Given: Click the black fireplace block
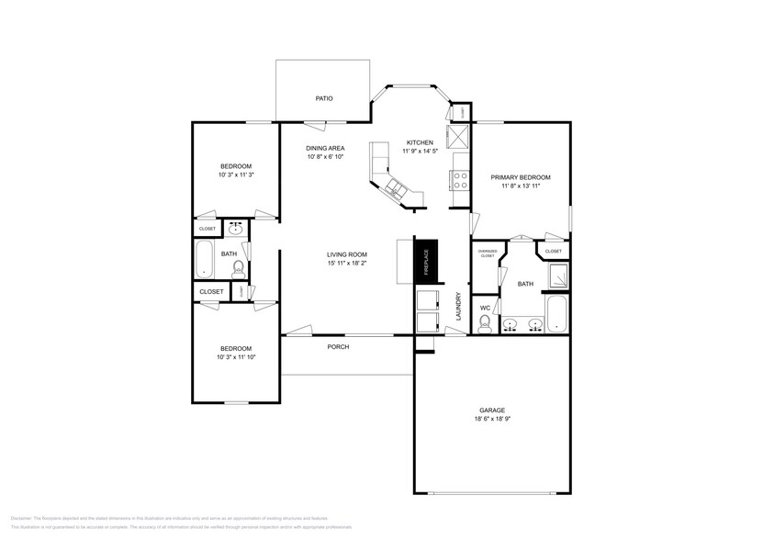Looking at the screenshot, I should point(427,258).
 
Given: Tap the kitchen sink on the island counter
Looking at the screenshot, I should point(396,188).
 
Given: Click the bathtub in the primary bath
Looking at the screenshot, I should point(557,313).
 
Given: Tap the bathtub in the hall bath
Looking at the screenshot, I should point(205,259).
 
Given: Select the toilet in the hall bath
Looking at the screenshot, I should point(238,268).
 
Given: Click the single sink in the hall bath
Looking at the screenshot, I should point(235,228).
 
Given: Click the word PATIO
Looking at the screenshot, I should point(324,98).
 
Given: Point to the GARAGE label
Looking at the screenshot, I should point(492,411).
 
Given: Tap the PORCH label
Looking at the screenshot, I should point(338,347).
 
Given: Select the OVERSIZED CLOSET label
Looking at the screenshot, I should point(488,253).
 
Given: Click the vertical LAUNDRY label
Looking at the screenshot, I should point(458,305).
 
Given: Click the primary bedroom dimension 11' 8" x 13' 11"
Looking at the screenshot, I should point(521,186).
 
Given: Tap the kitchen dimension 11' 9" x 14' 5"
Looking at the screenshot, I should point(420,152).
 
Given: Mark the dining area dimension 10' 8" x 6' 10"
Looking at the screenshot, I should point(325,156).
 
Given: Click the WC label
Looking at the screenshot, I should point(485,307).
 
